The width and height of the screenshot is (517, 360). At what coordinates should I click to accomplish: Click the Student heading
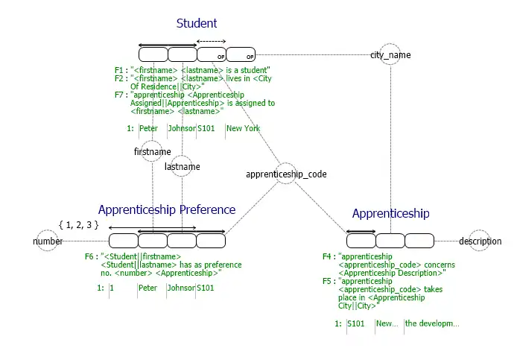click(197, 24)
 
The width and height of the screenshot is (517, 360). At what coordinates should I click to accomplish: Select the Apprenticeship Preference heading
click(167, 209)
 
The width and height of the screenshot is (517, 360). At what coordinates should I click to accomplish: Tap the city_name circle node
click(390, 55)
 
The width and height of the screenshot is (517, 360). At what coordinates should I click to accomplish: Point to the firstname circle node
click(152, 151)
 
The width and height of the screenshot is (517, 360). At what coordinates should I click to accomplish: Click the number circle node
click(48, 241)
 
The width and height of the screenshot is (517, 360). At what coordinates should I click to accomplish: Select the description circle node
click(480, 241)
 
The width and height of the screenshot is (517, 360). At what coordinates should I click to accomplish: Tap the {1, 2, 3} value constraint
click(78, 224)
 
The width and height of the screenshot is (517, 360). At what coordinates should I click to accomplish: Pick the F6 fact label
click(90, 256)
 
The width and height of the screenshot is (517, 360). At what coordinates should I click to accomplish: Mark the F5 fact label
click(328, 282)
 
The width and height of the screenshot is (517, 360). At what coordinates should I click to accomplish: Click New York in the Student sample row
click(243, 128)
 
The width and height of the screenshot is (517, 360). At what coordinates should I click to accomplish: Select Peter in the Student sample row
click(148, 128)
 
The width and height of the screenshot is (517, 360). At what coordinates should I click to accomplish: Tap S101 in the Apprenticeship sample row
click(357, 323)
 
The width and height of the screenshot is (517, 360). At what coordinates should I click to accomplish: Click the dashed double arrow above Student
click(211, 42)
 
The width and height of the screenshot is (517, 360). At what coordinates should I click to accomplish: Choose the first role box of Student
click(153, 54)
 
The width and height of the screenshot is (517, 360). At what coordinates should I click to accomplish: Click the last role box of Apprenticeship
click(419, 241)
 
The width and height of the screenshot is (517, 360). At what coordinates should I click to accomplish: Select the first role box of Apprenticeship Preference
click(124, 241)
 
